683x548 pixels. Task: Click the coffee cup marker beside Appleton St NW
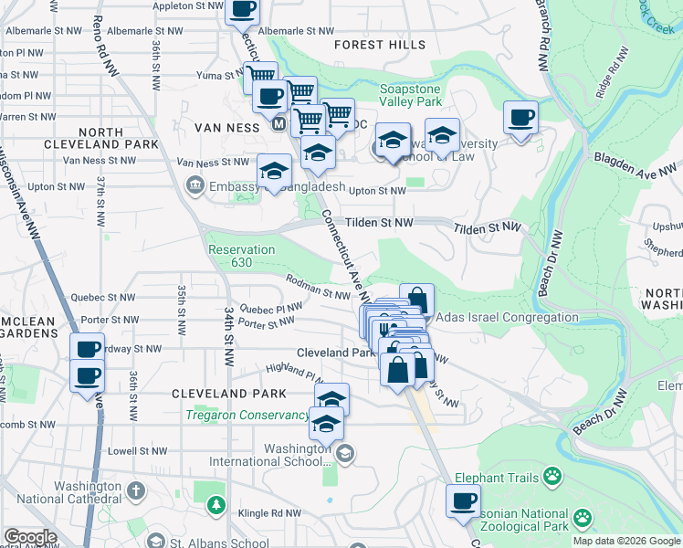point(242,10)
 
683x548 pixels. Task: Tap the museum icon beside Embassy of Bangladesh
point(194,186)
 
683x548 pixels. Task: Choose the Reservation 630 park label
point(241,257)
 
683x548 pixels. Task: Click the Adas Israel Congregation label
point(508,317)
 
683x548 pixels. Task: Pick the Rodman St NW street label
point(319,288)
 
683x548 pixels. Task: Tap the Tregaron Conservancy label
point(247,415)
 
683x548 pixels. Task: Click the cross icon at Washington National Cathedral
point(135,491)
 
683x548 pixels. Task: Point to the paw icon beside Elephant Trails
point(552,475)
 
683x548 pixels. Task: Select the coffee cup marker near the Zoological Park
point(463,501)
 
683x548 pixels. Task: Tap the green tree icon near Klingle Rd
point(215,504)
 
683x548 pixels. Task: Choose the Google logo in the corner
point(30,537)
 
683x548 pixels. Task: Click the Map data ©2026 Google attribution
point(626,541)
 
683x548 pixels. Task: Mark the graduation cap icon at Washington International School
point(345,452)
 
